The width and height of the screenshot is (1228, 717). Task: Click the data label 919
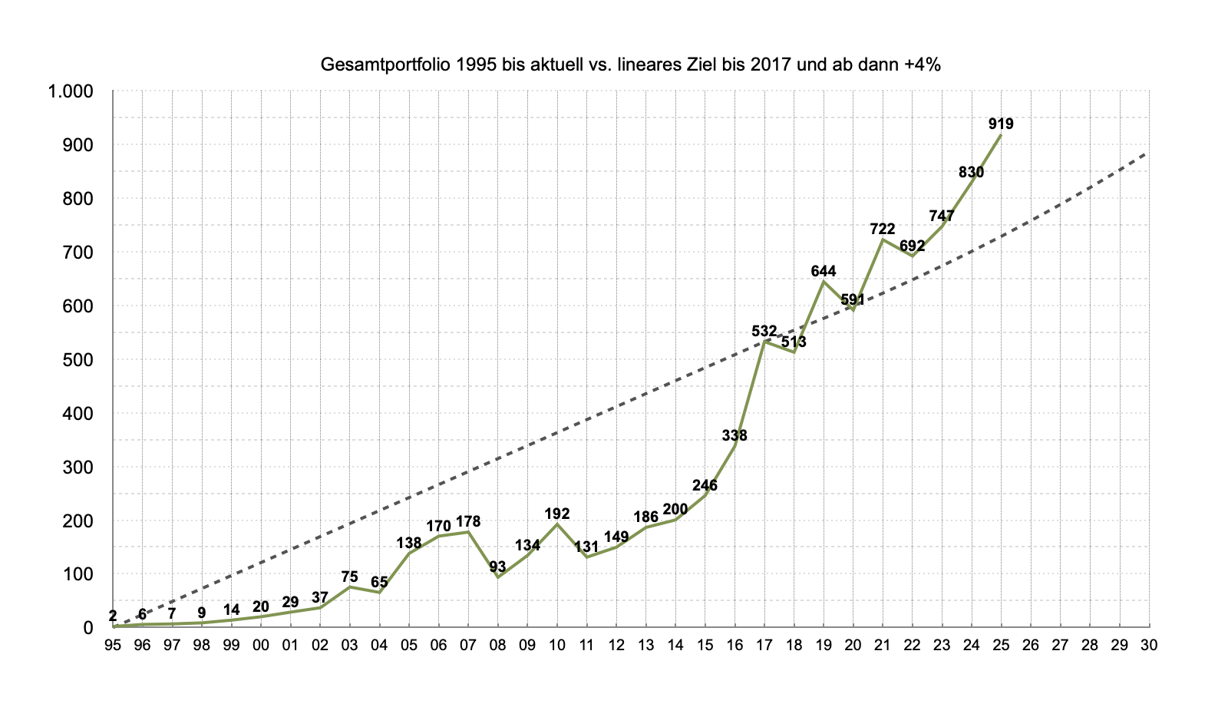[1001, 124]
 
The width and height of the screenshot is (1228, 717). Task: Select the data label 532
[764, 331]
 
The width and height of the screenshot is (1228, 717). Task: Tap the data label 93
[497, 567]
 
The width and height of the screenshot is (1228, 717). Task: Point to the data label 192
[557, 514]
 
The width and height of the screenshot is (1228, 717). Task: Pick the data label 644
[824, 271]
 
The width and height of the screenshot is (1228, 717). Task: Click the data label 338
[734, 435]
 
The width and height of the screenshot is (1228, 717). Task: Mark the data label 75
[349, 577]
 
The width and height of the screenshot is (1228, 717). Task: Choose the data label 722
[883, 229]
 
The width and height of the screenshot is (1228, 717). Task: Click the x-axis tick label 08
[497, 646]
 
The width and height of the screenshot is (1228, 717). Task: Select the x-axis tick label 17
[764, 646]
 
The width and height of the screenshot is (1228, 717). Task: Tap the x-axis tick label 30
[1149, 646]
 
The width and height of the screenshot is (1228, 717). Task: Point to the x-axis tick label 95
[113, 646]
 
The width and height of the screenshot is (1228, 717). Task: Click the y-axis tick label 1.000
[70, 91]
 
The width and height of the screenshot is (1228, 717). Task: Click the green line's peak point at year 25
[1001, 135]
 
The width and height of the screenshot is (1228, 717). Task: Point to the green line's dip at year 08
[497, 577]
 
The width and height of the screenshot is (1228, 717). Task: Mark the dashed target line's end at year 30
[1149, 152]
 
